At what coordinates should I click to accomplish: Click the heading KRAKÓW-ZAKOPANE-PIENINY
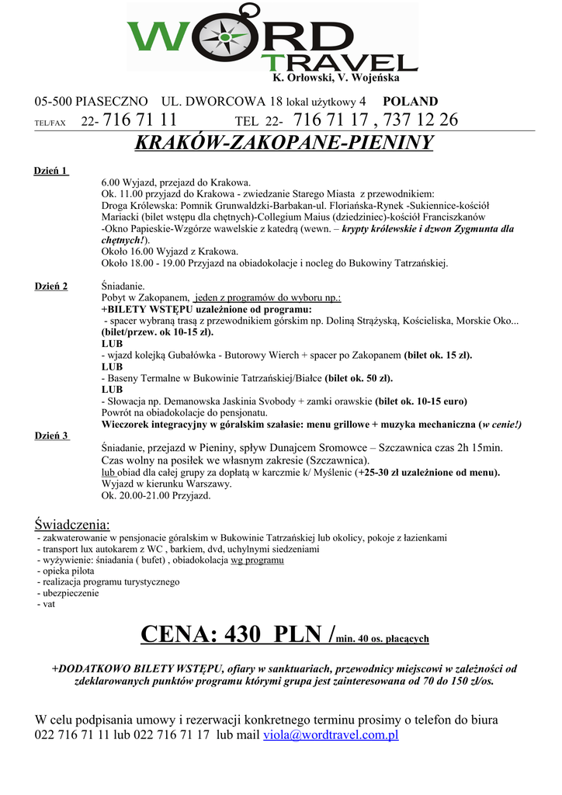coord(283,143)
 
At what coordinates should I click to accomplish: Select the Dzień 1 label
coord(51,171)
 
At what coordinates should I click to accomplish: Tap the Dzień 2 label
coord(51,286)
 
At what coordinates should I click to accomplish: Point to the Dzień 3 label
coord(51,436)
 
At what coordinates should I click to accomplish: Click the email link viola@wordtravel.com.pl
coord(331,734)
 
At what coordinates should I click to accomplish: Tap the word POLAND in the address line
coord(411,102)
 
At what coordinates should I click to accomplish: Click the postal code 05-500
coord(54,102)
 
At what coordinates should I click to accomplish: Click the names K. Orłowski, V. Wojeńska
coord(335,78)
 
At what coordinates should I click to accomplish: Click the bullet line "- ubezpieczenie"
coord(68,592)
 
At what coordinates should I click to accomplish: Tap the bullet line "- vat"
coord(47,603)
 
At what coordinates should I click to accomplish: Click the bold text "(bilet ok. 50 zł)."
coord(359,378)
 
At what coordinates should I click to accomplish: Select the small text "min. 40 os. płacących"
coord(383,639)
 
